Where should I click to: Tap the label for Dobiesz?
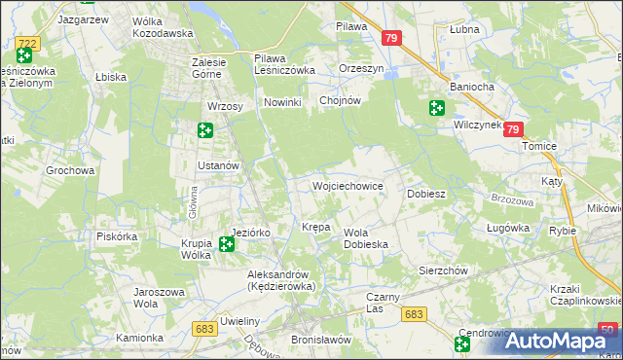426,194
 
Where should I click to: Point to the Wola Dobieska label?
366,238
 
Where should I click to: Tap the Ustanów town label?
218,165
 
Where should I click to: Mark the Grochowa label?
70,170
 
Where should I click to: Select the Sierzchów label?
444,270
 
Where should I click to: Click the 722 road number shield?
27,43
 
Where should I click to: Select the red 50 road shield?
607,330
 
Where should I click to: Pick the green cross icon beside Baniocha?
436,109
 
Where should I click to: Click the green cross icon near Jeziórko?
227,243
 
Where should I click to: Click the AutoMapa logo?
562,341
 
